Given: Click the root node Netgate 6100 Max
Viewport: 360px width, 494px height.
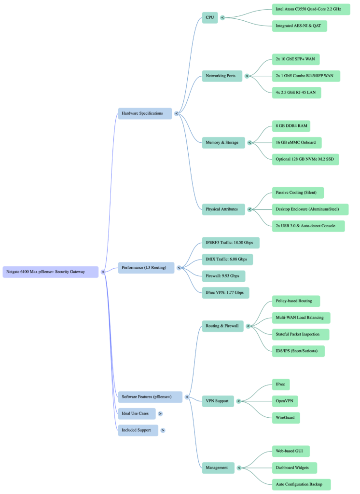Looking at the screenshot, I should coord(51,272).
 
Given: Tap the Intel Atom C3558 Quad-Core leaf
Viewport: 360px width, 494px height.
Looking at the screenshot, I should coord(311,9).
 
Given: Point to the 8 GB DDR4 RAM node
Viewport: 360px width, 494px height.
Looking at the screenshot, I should coord(291,126).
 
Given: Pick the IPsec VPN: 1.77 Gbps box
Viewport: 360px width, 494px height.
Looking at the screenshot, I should coord(225,292).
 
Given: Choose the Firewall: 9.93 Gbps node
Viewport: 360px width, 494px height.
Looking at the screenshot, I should coord(223,276).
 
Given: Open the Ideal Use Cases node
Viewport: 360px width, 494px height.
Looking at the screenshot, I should coord(137,413).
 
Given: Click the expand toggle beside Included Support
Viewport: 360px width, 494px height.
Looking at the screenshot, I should coord(163,430).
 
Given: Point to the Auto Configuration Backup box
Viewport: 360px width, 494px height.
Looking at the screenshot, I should coord(302,484).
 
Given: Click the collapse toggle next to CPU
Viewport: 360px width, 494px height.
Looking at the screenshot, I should coord(222,17).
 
